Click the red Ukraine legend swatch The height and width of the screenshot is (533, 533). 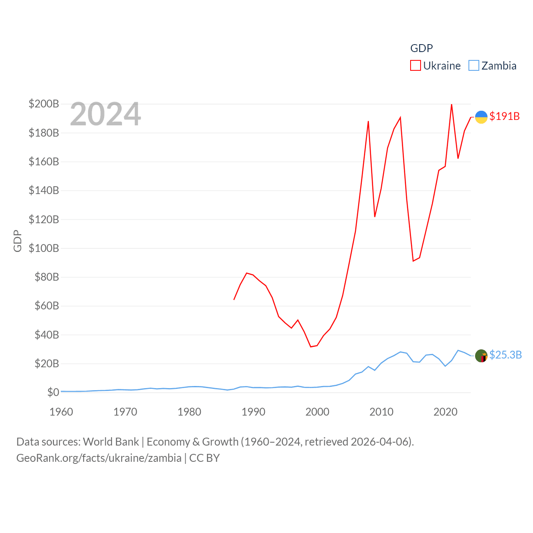click(x=416, y=65)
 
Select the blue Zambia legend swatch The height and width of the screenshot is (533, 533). click(x=474, y=65)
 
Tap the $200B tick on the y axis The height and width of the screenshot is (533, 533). click(x=44, y=104)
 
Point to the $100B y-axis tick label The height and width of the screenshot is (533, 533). click(x=44, y=248)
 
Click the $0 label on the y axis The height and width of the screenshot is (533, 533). click(x=53, y=392)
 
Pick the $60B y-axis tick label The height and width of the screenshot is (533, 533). click(x=47, y=306)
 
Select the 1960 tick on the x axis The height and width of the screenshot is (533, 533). click(x=61, y=412)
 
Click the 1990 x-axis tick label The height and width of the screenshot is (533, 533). click(x=253, y=412)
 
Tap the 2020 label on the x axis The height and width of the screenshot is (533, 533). click(x=446, y=412)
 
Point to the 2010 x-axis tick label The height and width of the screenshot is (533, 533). click(x=381, y=412)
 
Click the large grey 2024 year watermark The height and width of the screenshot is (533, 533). click(x=105, y=114)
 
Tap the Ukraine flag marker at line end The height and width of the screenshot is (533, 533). click(x=481, y=117)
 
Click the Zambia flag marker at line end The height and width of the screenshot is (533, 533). click(x=481, y=356)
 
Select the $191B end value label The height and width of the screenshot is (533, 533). click(x=505, y=116)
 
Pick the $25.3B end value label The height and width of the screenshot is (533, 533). click(x=506, y=355)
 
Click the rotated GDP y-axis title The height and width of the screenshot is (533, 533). click(x=17, y=241)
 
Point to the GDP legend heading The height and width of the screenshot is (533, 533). click(x=421, y=48)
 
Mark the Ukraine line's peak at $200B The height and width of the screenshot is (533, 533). click(x=452, y=104)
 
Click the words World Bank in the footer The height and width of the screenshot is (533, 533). click(x=111, y=441)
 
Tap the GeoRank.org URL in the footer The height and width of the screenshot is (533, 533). click(x=99, y=458)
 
